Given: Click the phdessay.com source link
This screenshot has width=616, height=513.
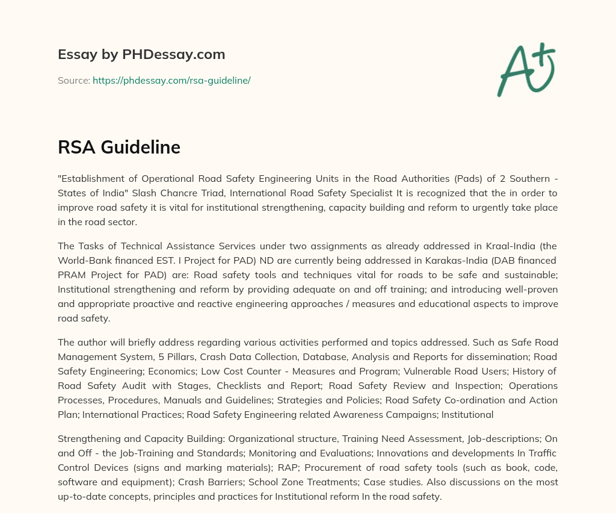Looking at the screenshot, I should point(171,80).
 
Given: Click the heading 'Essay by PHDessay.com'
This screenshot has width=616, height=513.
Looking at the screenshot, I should point(141,54).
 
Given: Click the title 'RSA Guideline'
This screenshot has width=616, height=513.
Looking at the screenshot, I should point(119,147).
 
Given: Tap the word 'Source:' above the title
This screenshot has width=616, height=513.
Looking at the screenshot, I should point(74,80).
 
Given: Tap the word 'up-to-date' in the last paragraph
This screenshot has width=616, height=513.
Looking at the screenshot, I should point(81,497).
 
